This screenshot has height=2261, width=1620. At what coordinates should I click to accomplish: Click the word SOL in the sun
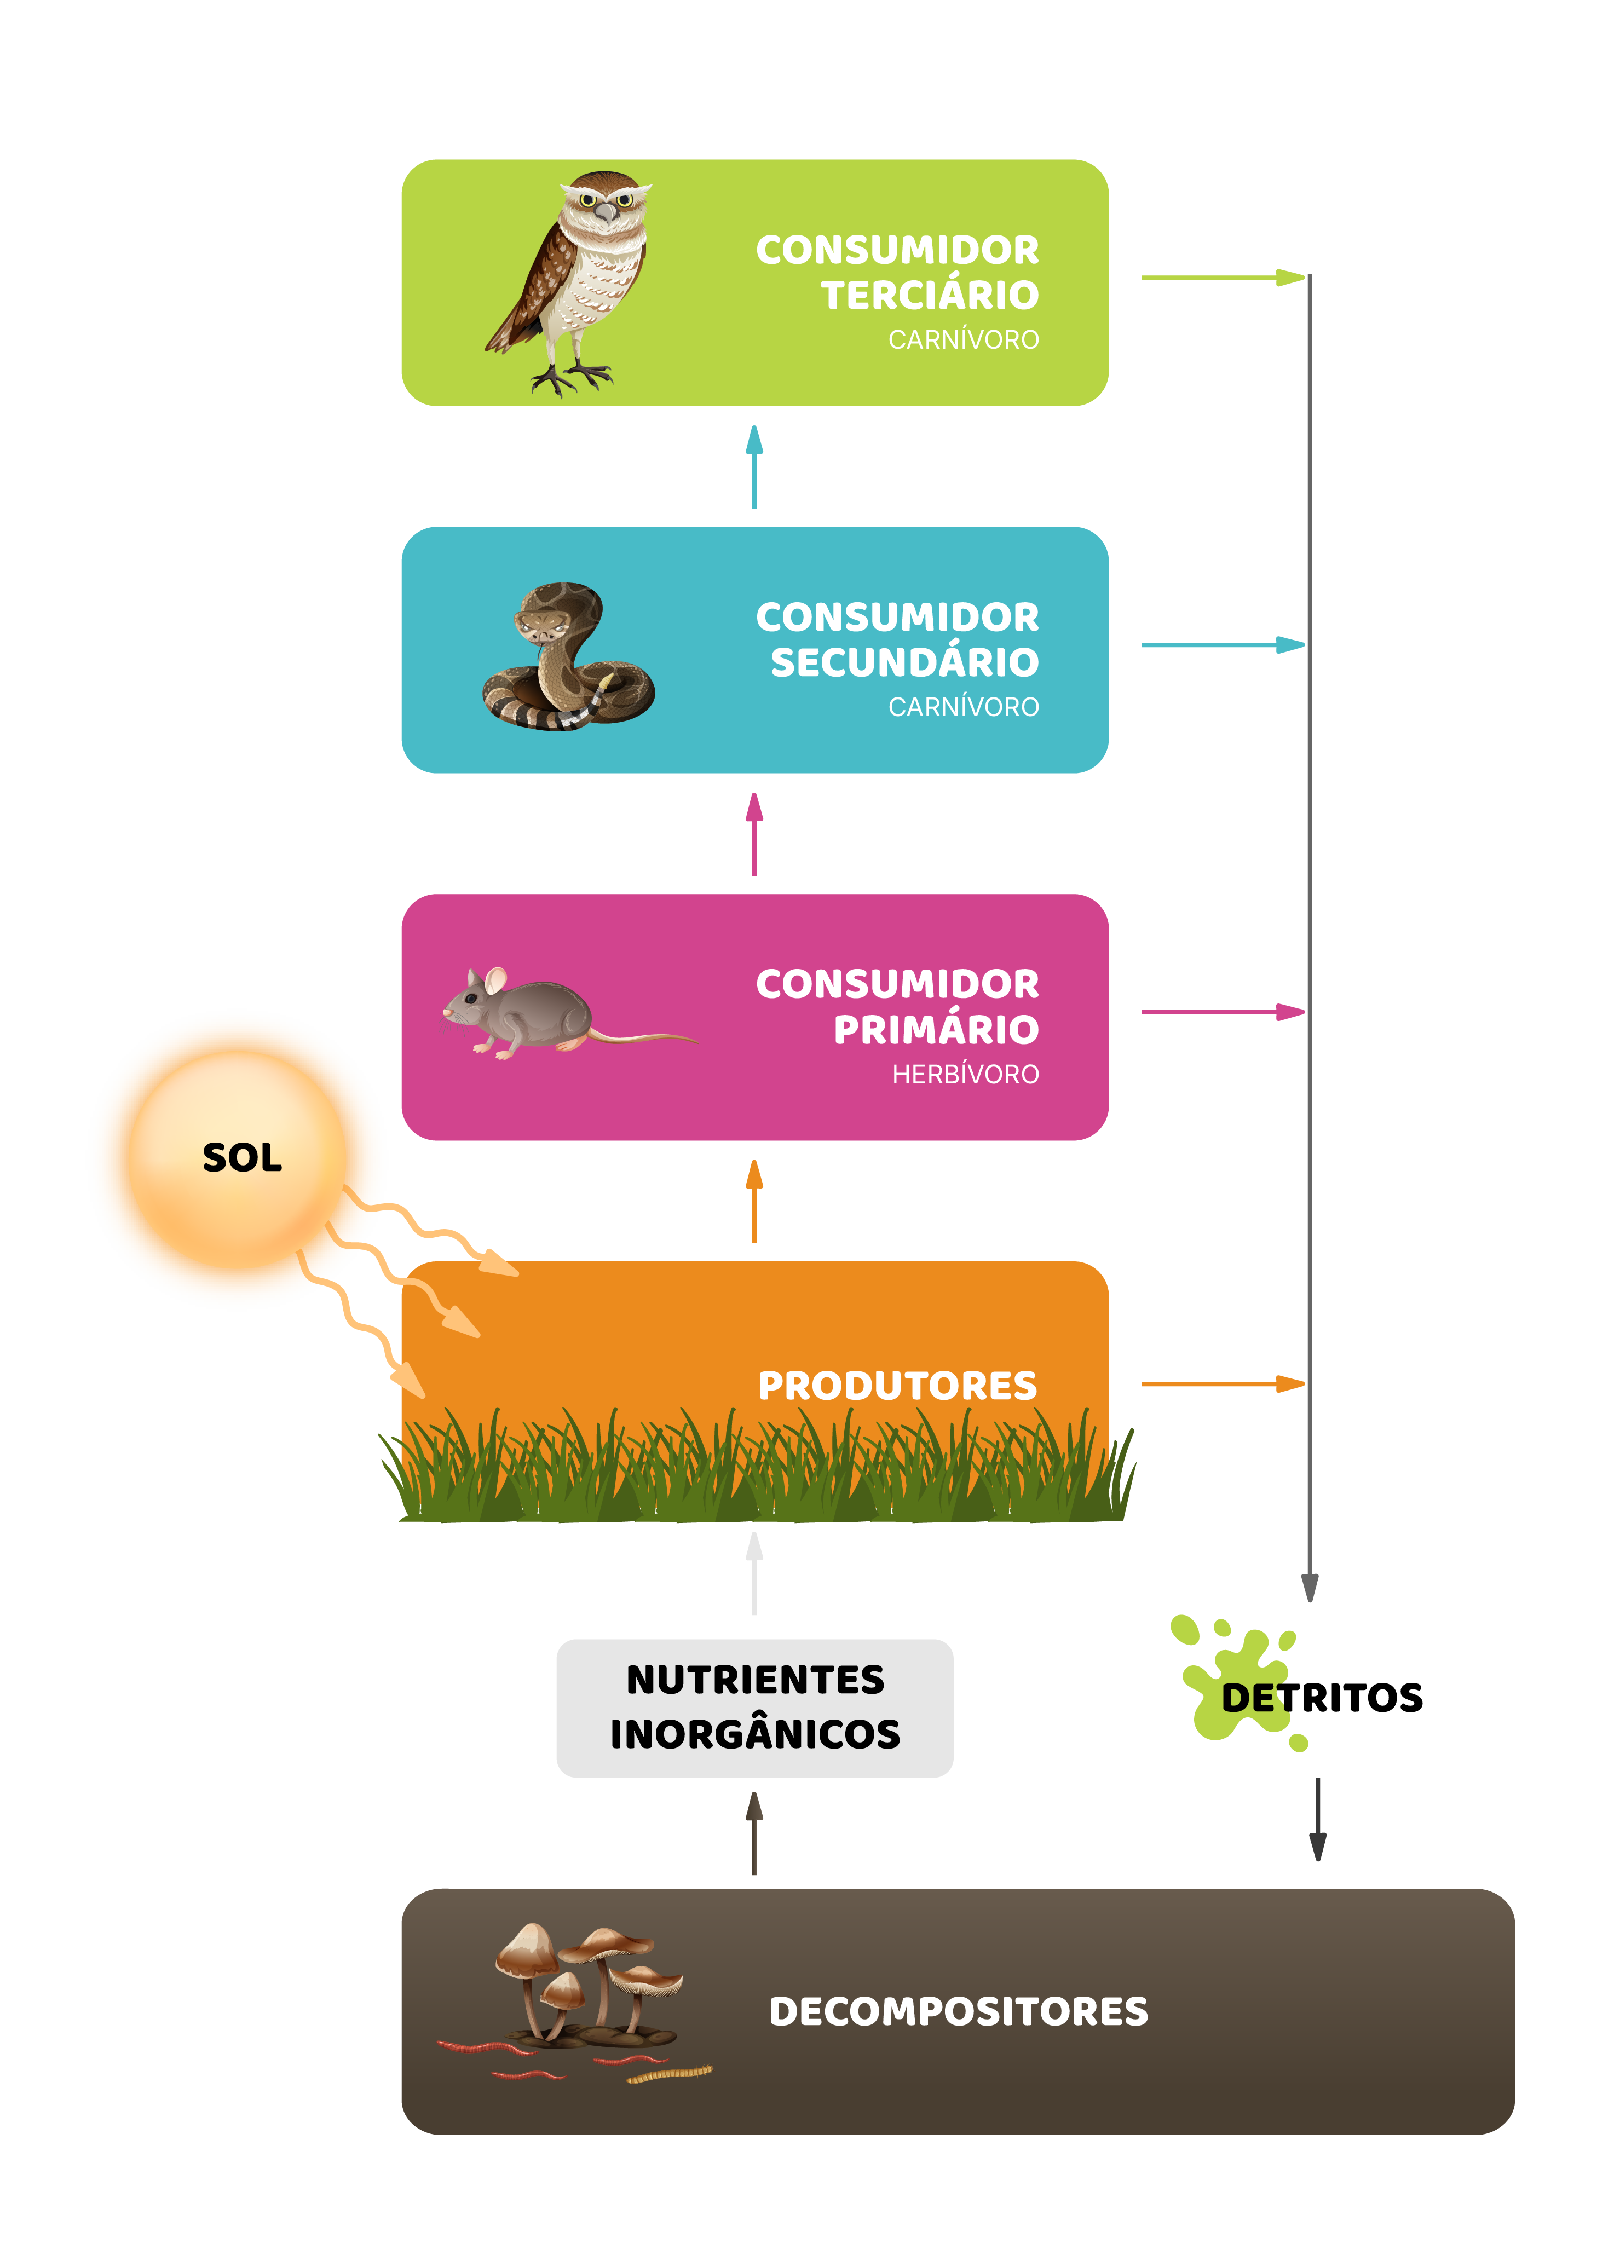241,1157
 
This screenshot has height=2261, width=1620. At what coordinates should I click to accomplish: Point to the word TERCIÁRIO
929,295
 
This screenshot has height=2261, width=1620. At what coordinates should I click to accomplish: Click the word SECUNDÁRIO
904,662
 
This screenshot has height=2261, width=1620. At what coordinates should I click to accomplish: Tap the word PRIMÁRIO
935,1029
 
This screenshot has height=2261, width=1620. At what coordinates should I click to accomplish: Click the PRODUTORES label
897,1385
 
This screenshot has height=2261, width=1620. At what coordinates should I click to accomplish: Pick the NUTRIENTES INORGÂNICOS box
754,1707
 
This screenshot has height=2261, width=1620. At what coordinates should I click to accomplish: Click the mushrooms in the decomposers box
588,1979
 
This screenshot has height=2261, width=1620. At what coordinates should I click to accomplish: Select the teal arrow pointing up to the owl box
754,466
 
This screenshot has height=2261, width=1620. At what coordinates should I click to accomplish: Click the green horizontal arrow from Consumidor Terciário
1221,277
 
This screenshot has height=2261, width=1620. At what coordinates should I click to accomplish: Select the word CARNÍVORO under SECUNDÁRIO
963,707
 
